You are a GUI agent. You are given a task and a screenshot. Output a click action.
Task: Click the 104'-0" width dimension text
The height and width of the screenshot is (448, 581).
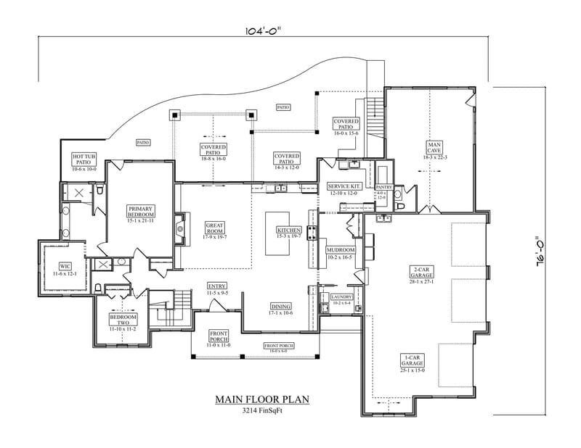pos(263,31)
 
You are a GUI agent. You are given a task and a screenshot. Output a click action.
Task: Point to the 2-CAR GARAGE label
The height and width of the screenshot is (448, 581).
pos(419,270)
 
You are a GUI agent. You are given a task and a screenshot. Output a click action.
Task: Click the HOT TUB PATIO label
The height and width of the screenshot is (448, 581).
pos(81,157)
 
